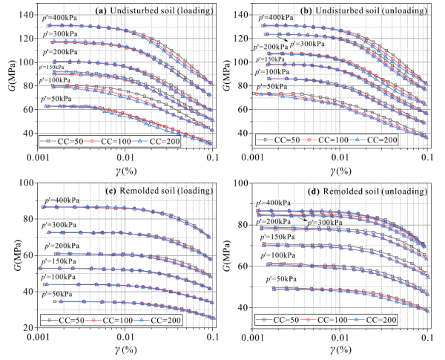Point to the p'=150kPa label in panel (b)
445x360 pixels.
(x=274, y=59)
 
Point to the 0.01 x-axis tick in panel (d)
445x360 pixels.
(x=340, y=336)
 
